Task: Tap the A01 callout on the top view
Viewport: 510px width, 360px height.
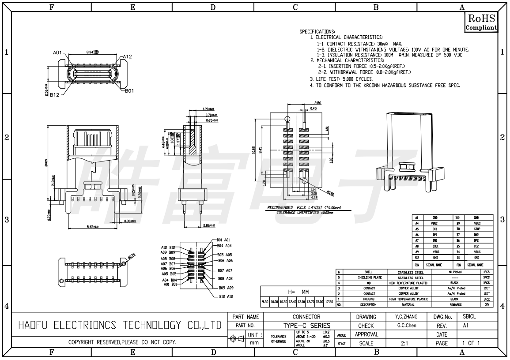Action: pyautogui.click(x=57, y=52)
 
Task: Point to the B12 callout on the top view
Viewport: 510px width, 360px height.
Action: pyautogui.click(x=55, y=94)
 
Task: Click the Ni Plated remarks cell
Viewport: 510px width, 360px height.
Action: pyautogui.click(x=456, y=272)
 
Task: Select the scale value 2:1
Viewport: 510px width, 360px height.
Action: pyautogui.click(x=404, y=343)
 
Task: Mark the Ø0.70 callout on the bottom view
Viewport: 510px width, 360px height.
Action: pyautogui.click(x=131, y=255)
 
